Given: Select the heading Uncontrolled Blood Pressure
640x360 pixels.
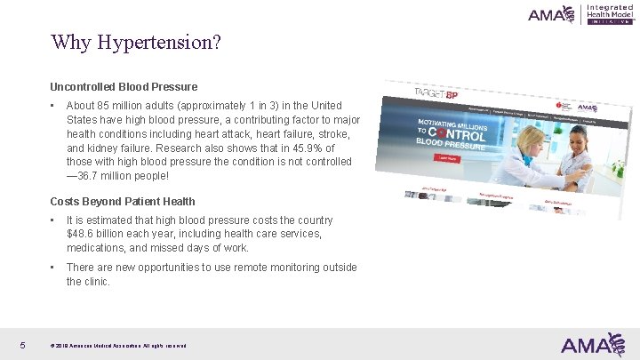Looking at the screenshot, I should click(124, 87).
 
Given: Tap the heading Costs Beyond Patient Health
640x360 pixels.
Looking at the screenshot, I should click(122, 201).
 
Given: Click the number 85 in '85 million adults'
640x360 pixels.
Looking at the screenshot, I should click(108, 106).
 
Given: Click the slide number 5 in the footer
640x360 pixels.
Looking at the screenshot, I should click(21, 345).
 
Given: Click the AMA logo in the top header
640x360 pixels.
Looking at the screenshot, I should click(551, 14).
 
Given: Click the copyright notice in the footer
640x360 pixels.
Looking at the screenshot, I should click(118, 346).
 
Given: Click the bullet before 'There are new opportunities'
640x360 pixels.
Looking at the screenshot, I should click(53, 268).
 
